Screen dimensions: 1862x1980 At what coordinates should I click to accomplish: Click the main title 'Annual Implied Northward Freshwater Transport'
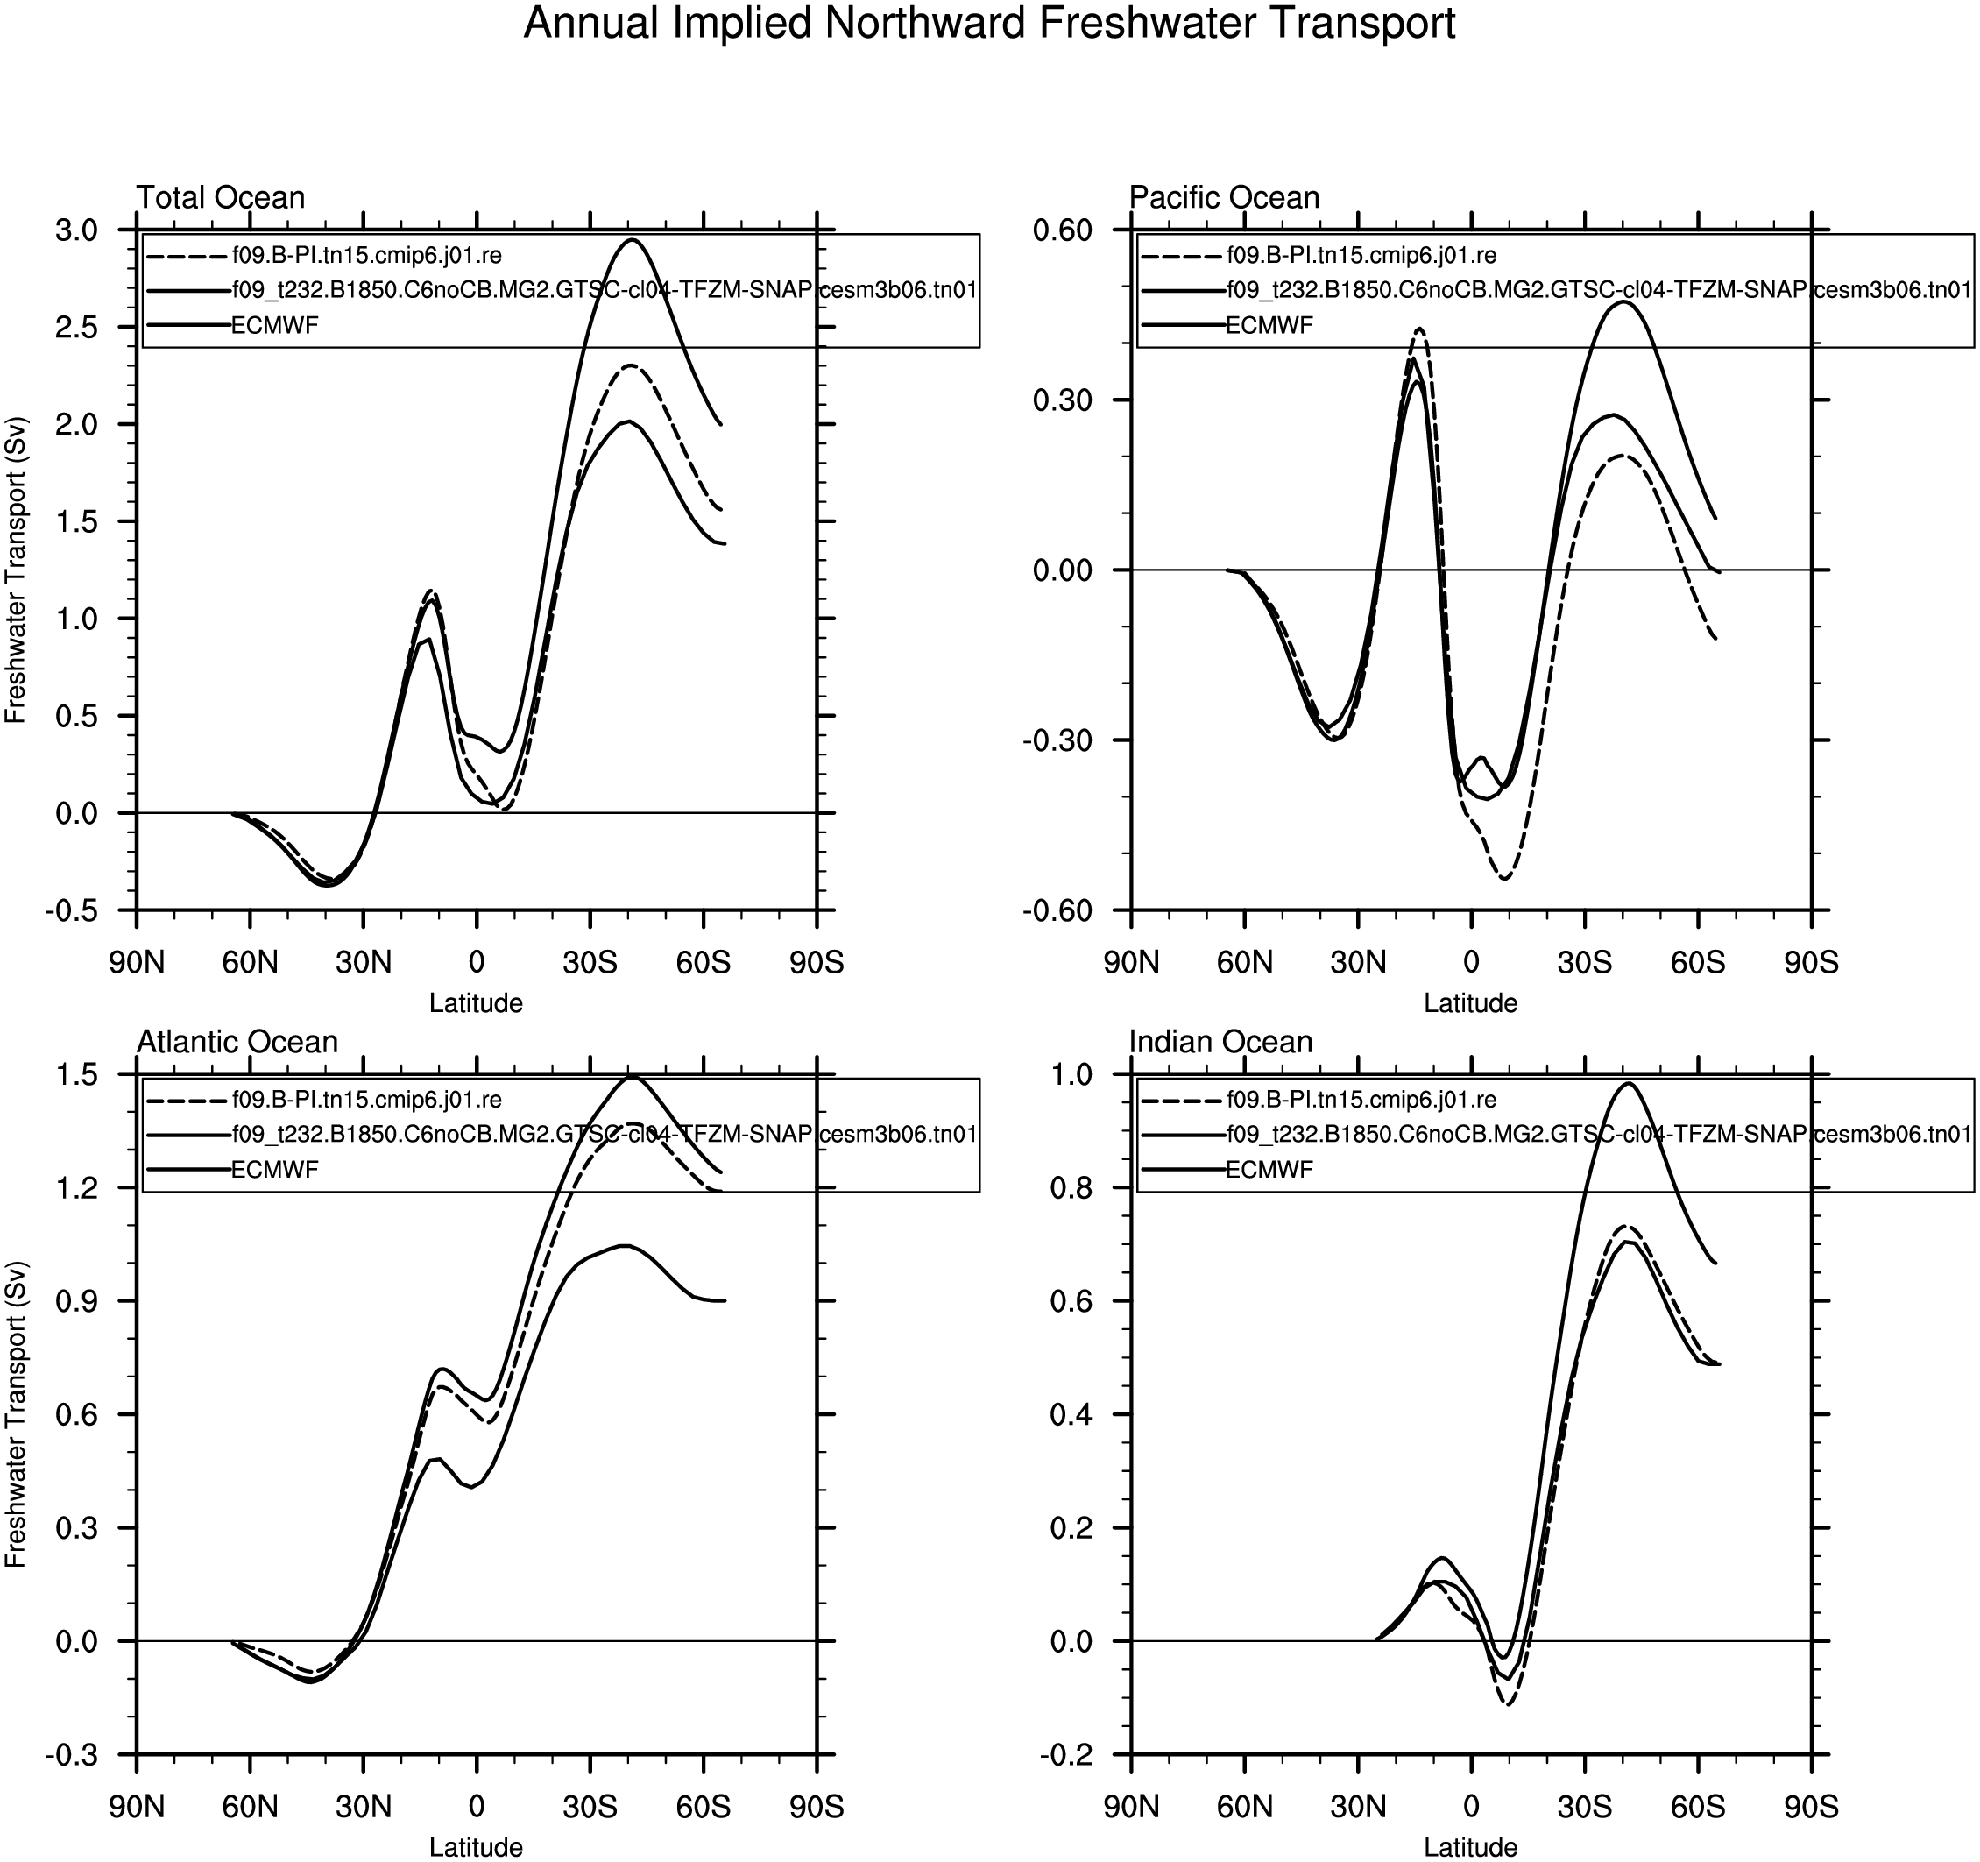tap(989, 24)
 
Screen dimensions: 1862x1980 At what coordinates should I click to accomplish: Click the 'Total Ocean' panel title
tap(220, 197)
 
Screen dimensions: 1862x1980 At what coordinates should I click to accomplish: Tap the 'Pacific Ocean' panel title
tap(1224, 197)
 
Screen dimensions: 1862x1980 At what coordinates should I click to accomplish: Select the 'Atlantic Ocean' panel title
tap(237, 1042)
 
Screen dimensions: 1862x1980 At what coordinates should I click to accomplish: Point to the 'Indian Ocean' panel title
tap(1220, 1042)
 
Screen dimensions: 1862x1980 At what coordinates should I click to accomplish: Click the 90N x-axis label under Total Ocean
tap(137, 962)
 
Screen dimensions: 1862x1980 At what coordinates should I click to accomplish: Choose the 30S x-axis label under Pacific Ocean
tap(1585, 962)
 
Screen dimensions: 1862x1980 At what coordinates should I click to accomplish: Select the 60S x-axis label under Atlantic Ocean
tap(704, 1807)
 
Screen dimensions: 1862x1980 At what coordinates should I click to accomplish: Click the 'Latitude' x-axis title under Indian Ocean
tap(1470, 1847)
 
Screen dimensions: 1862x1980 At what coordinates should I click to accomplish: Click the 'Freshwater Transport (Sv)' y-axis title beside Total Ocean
tap(16, 570)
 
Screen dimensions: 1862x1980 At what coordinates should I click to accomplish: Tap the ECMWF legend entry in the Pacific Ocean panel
tap(1269, 325)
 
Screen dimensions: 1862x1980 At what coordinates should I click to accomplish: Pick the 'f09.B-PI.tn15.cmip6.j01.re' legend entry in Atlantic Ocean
tap(366, 1100)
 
